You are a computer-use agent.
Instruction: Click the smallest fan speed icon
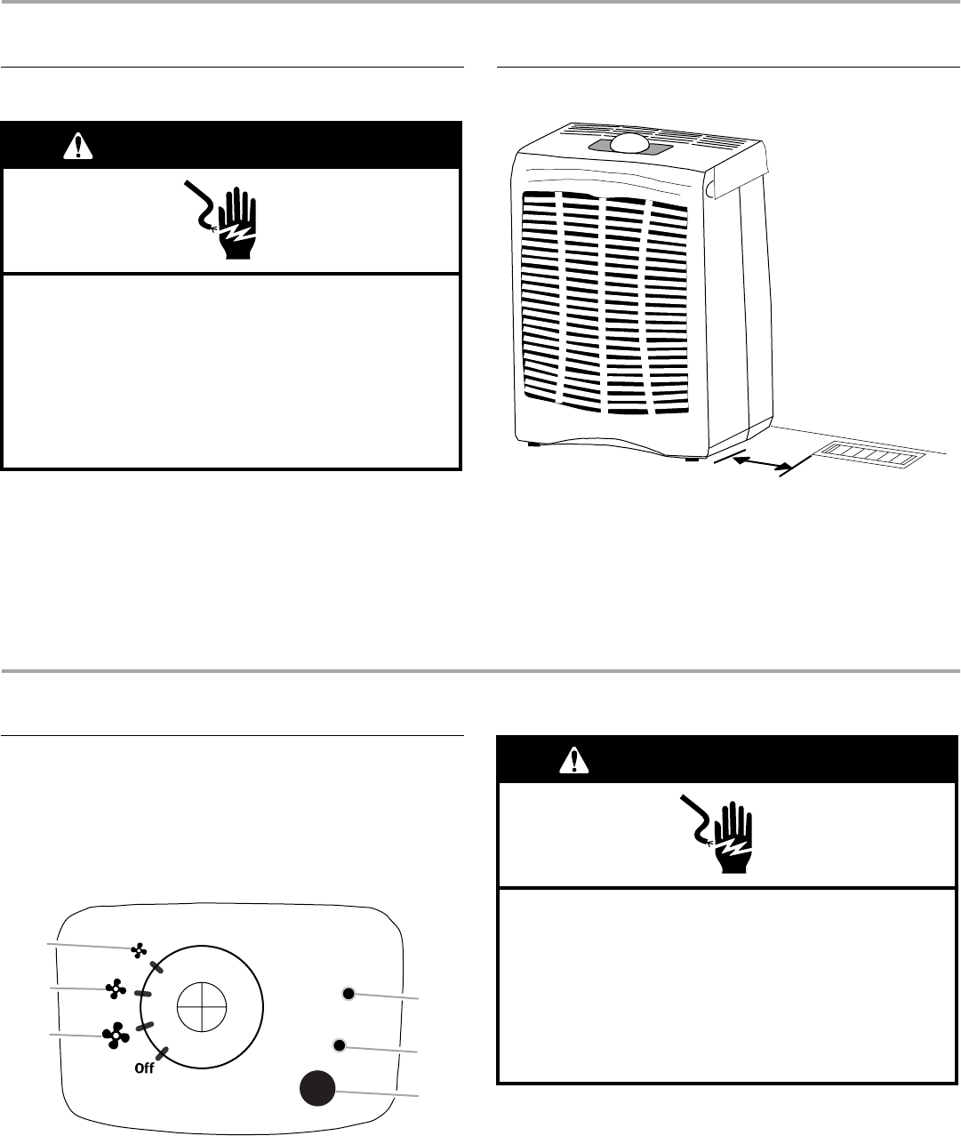tap(138, 951)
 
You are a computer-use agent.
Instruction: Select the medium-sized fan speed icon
tap(115, 988)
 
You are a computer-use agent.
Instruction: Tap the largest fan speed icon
tap(115, 1035)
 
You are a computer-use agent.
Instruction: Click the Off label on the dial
tap(144, 1069)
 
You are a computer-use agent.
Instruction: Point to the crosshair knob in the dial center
tap(202, 1011)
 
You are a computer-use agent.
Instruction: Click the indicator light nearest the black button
tap(338, 1044)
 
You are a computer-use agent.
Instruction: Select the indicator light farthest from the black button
tap(348, 993)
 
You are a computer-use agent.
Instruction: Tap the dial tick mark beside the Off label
tap(163, 1057)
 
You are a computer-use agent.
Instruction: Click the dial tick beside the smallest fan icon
tap(156, 966)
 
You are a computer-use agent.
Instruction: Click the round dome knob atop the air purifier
tap(630, 145)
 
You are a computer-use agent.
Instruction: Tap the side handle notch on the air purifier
tap(710, 188)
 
